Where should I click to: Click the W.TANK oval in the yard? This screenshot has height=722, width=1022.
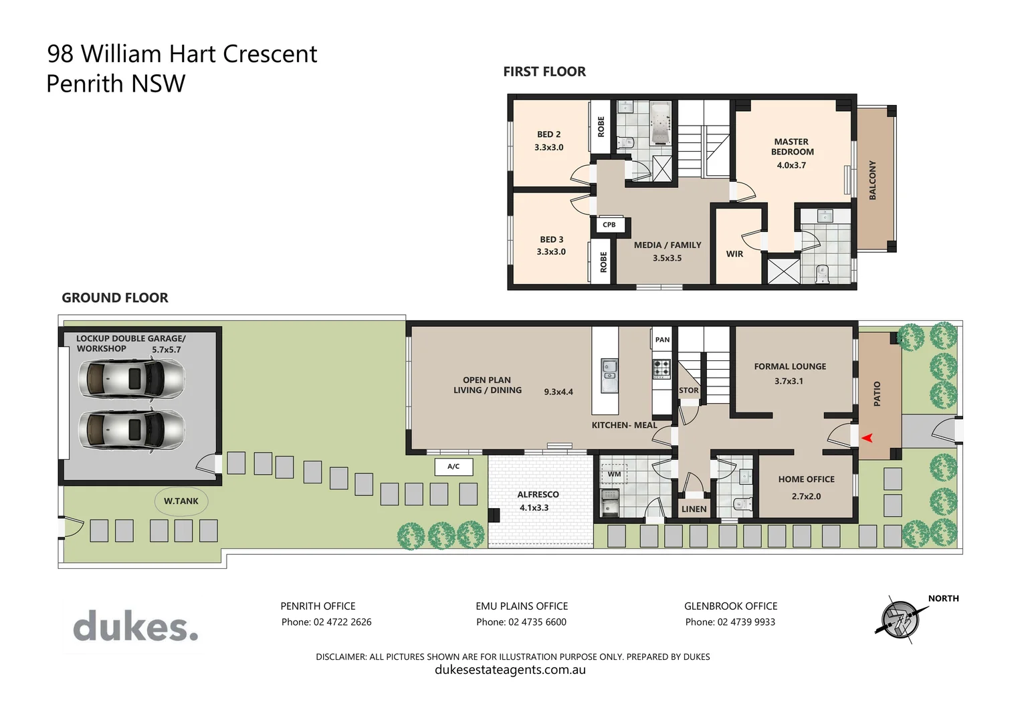[x=181, y=501]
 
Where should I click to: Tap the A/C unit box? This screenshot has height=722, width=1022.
[x=453, y=467]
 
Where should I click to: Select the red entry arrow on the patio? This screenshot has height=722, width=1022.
[x=867, y=438]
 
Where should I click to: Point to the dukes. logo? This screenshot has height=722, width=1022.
[x=136, y=627]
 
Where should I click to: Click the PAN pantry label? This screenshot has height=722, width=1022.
[x=662, y=340]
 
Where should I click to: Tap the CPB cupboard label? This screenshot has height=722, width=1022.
[x=609, y=225]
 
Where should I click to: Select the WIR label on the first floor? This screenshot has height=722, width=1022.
[x=734, y=254]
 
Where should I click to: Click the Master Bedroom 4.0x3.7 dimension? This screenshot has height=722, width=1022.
[x=791, y=165]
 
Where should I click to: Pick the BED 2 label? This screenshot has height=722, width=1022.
[x=548, y=134]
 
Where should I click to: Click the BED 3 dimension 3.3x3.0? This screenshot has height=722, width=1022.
[x=551, y=252]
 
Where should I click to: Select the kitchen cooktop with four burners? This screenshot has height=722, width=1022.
[x=661, y=368]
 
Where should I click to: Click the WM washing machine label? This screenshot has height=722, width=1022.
[x=614, y=474]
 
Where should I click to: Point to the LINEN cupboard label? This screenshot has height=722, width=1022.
[x=694, y=509]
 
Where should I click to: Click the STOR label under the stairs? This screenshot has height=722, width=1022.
[x=688, y=390]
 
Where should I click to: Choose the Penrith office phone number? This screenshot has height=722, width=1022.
[x=326, y=622]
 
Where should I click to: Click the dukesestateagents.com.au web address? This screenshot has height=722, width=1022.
[x=510, y=670]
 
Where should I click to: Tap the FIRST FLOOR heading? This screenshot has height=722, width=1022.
[x=544, y=72]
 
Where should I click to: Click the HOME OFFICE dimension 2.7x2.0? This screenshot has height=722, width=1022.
[x=806, y=496]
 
